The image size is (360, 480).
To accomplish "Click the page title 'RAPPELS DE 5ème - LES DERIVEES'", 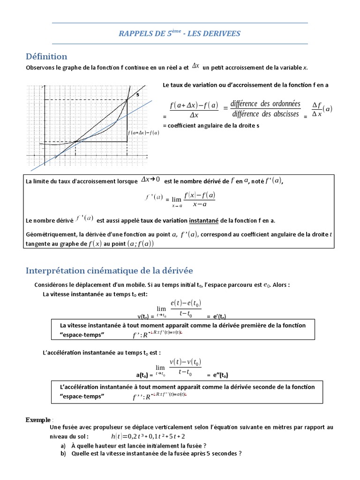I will click(180, 33).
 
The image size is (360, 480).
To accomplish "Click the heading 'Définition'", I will click(46, 56).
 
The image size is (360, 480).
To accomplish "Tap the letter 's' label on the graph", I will click(137, 94).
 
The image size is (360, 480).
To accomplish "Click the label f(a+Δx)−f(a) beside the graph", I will click(143, 133).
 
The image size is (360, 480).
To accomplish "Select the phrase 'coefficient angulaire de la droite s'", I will click(211, 126).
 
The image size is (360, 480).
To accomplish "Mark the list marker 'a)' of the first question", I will click(63, 446).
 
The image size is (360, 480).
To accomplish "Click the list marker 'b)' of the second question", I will click(63, 453).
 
